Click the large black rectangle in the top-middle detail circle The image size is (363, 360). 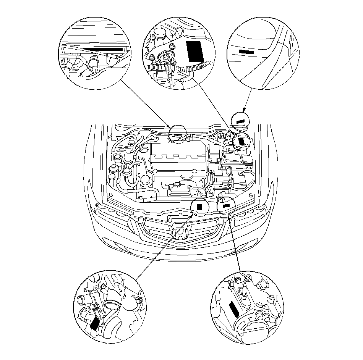tap(196, 51)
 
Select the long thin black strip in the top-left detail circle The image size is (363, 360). tap(103, 49)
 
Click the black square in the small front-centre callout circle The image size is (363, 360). tap(199, 207)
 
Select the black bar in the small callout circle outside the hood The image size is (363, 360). tap(240, 121)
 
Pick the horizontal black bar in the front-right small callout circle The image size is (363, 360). tap(225, 205)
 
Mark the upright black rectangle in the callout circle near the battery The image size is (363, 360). tap(241, 141)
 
